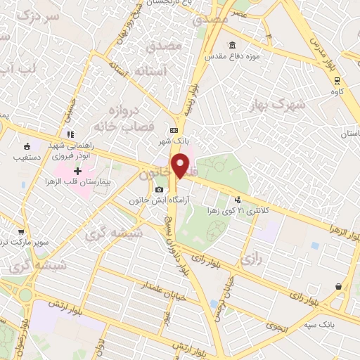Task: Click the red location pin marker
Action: [181, 166]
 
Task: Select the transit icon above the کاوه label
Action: [337, 80]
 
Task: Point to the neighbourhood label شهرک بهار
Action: [277, 104]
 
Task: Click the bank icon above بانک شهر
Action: [174, 130]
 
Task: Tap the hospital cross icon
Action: [77, 172]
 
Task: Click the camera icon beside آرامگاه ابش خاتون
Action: [159, 190]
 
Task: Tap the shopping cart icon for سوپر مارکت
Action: [21, 231]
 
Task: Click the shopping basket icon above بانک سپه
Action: [340, 286]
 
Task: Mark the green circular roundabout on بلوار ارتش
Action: [25, 295]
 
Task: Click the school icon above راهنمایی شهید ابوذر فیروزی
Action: [70, 134]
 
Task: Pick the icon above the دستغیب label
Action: [27, 147]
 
